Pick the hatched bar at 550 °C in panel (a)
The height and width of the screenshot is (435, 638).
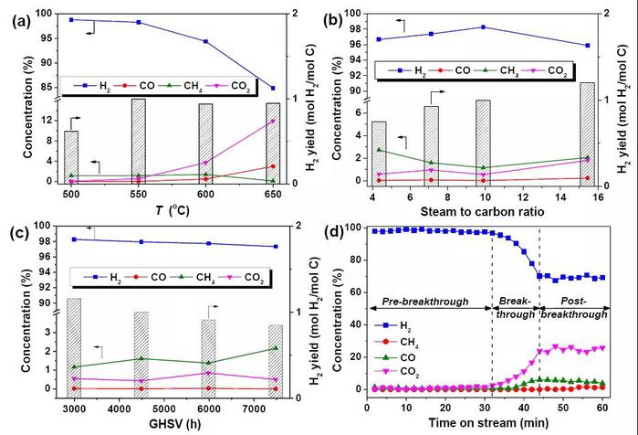point(138,141)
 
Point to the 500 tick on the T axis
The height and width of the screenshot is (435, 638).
point(70,194)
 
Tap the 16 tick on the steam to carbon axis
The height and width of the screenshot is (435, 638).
point(598,195)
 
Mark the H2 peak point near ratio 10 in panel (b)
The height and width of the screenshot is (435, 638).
point(483,27)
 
